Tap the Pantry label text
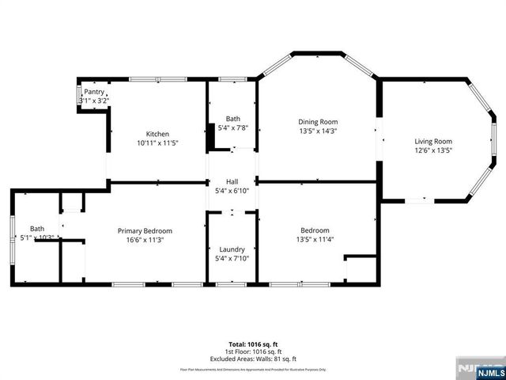(94, 92)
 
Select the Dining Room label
(317, 122)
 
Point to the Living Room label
(433, 142)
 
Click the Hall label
(232, 181)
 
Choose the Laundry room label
(232, 249)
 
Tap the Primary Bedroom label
(145, 230)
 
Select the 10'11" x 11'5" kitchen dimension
(157, 143)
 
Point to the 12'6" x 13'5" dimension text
(433, 151)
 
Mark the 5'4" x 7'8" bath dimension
(232, 127)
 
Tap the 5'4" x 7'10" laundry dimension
(232, 258)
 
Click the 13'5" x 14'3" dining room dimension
(317, 131)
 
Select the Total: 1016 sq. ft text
(252, 344)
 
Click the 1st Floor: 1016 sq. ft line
(252, 351)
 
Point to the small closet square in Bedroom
(361, 268)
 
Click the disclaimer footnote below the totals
(252, 369)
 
